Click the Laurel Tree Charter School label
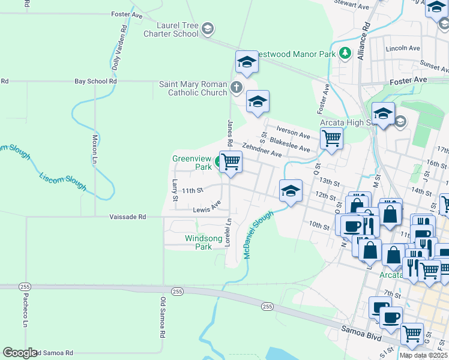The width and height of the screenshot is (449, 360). point(170,29)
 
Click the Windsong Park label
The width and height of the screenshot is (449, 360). point(198,242)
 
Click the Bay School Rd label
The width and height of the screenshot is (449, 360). point(95,81)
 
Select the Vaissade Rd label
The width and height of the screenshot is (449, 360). point(127,217)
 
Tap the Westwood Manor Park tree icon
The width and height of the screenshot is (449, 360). point(345,53)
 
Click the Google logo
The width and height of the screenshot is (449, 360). point(20,353)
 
